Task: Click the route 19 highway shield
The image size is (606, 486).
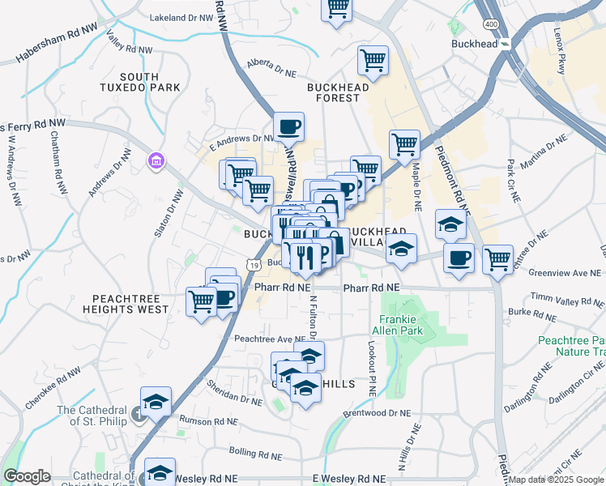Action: coord(254,265)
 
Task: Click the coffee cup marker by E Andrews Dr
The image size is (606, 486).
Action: coord(288,127)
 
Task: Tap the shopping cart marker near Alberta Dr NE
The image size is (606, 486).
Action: coord(373,60)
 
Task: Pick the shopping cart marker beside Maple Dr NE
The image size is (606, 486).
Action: coord(404,146)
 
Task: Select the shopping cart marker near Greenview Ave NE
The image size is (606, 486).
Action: coord(498,260)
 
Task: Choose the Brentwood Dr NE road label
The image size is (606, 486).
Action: coord(378,413)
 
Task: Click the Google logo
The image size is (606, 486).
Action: coord(27,476)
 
